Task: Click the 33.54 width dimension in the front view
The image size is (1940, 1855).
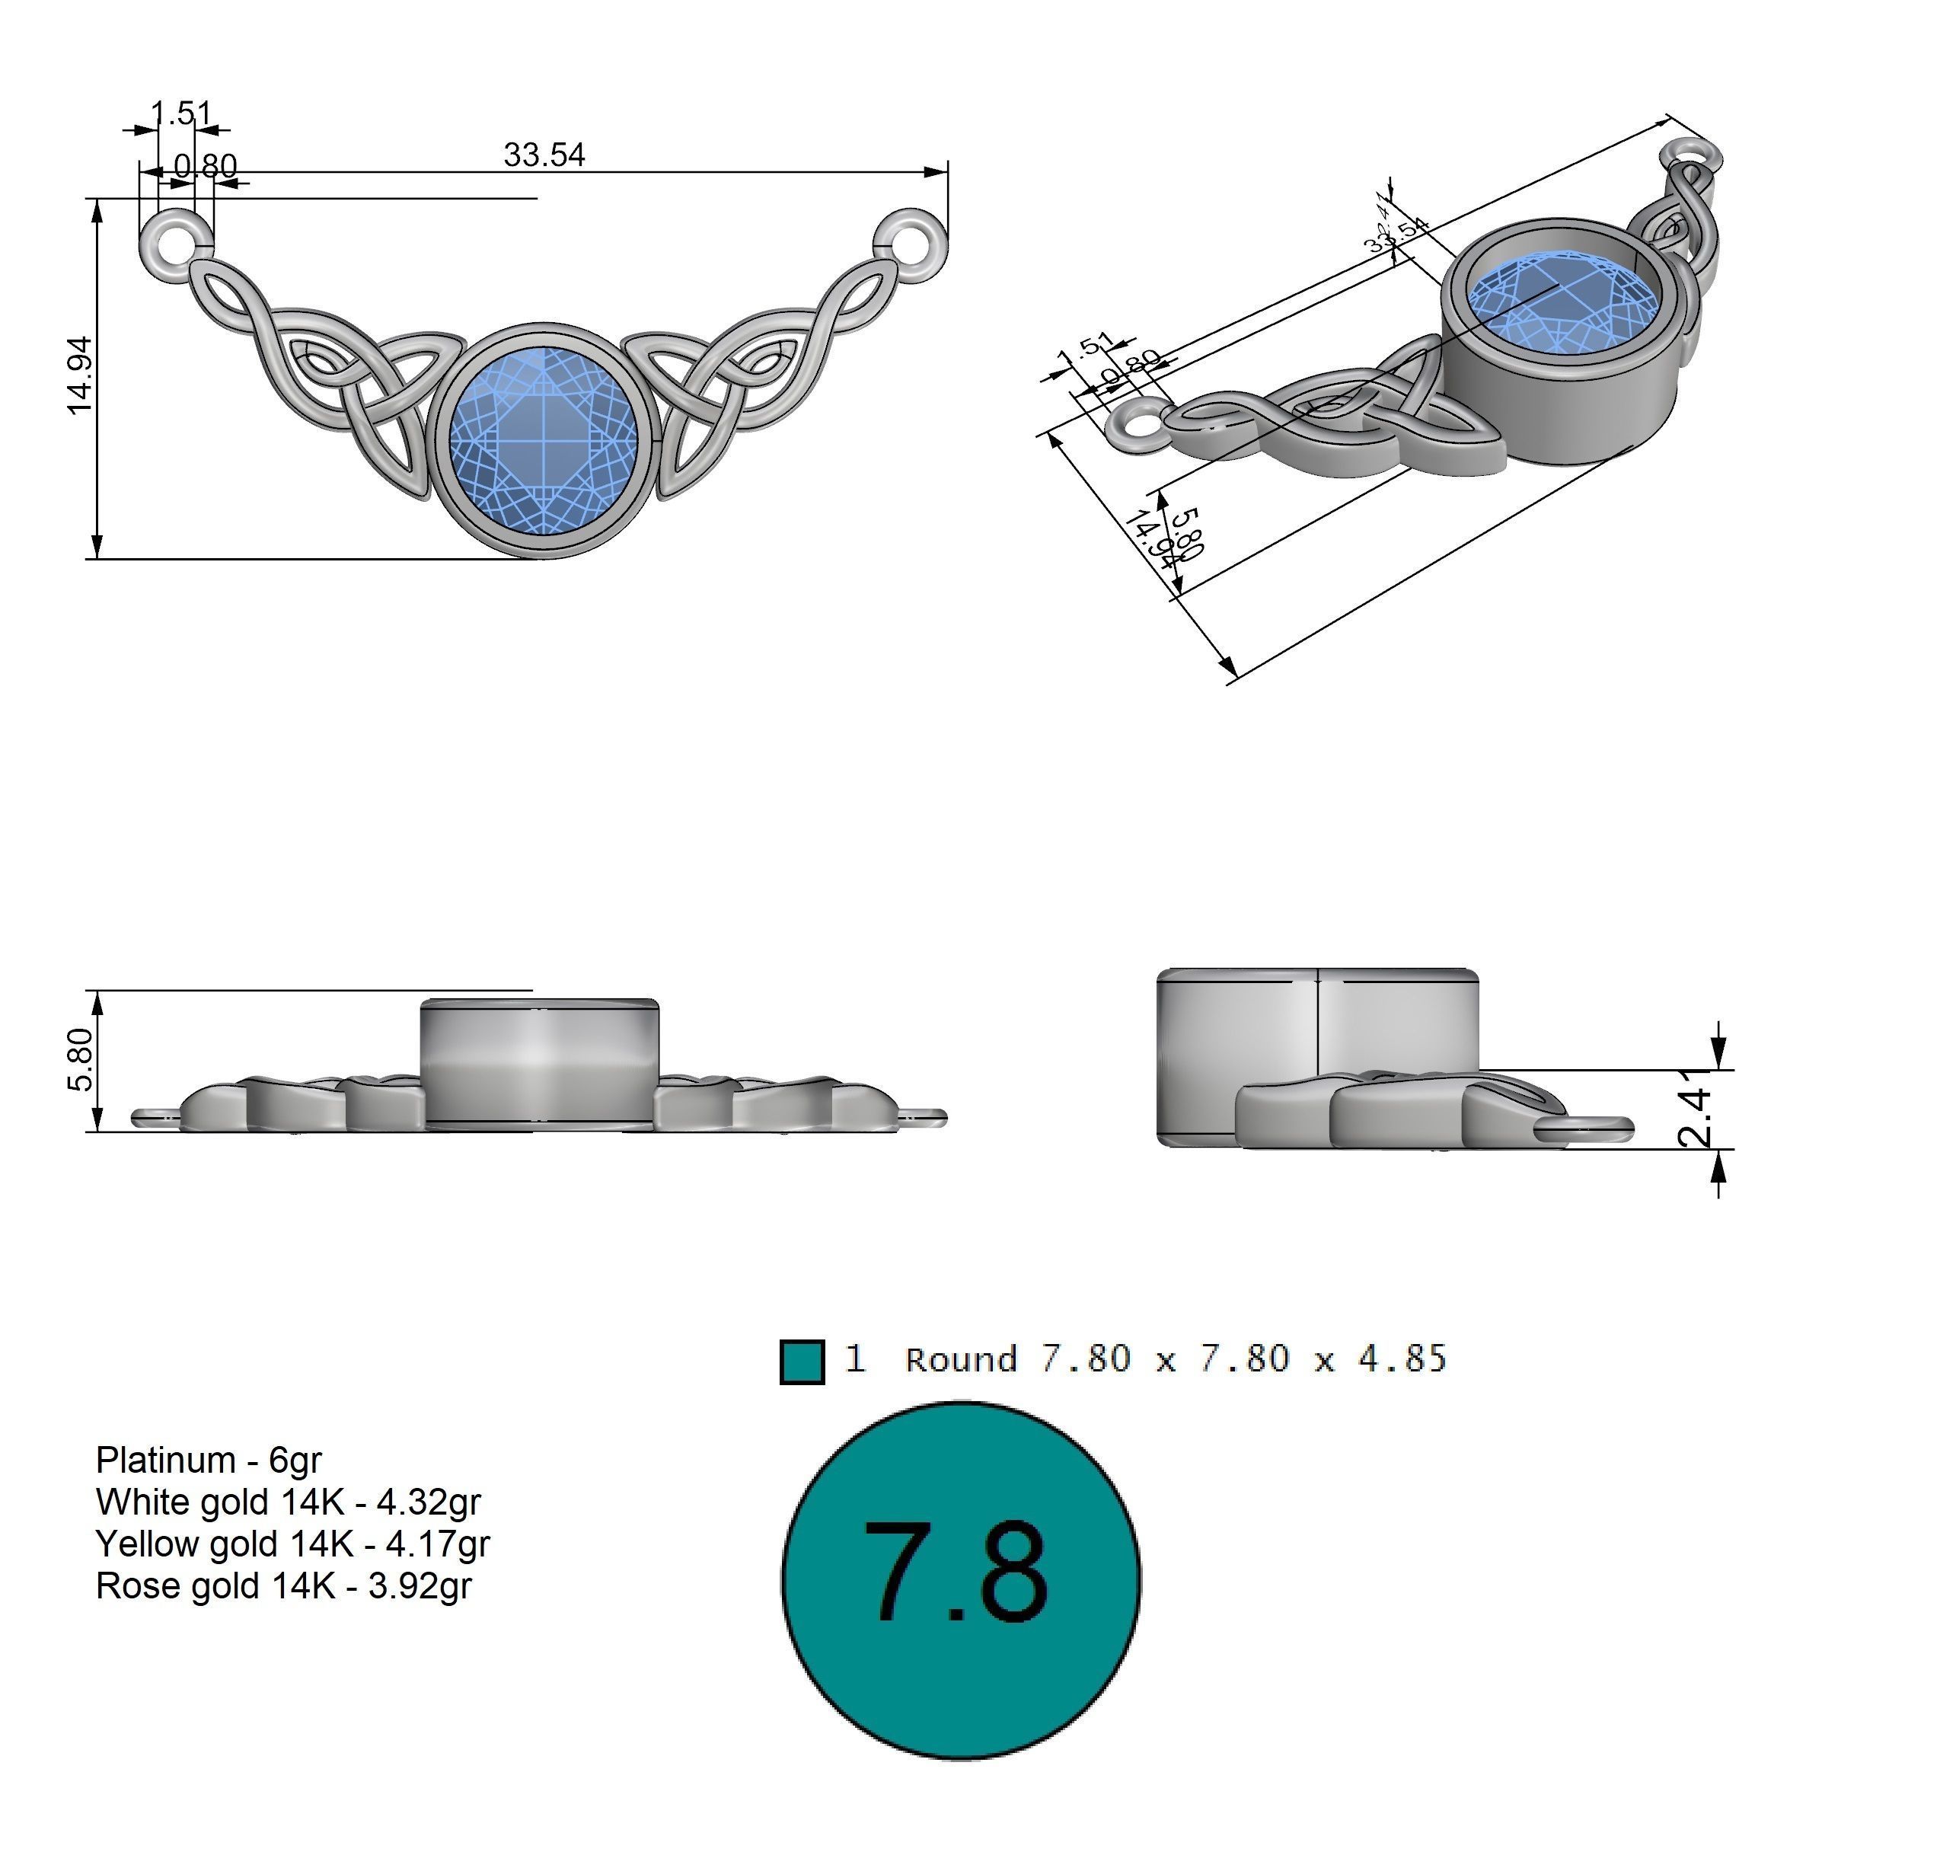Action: pyautogui.click(x=543, y=155)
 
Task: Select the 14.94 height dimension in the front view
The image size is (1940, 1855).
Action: pyautogui.click(x=80, y=375)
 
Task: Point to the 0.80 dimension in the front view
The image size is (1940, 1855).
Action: pyautogui.click(x=205, y=165)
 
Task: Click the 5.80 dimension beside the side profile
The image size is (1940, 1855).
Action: pyautogui.click(x=80, y=1059)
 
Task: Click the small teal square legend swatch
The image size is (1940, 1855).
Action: pyautogui.click(x=801, y=1362)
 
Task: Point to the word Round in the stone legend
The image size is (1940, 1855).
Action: pyautogui.click(x=960, y=1359)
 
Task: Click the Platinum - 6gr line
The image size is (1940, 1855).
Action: pyautogui.click(x=209, y=1460)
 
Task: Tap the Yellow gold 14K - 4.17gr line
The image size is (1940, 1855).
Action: pyautogui.click(x=292, y=1544)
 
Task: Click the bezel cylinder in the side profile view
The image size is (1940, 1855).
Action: pyautogui.click(x=539, y=1061)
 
